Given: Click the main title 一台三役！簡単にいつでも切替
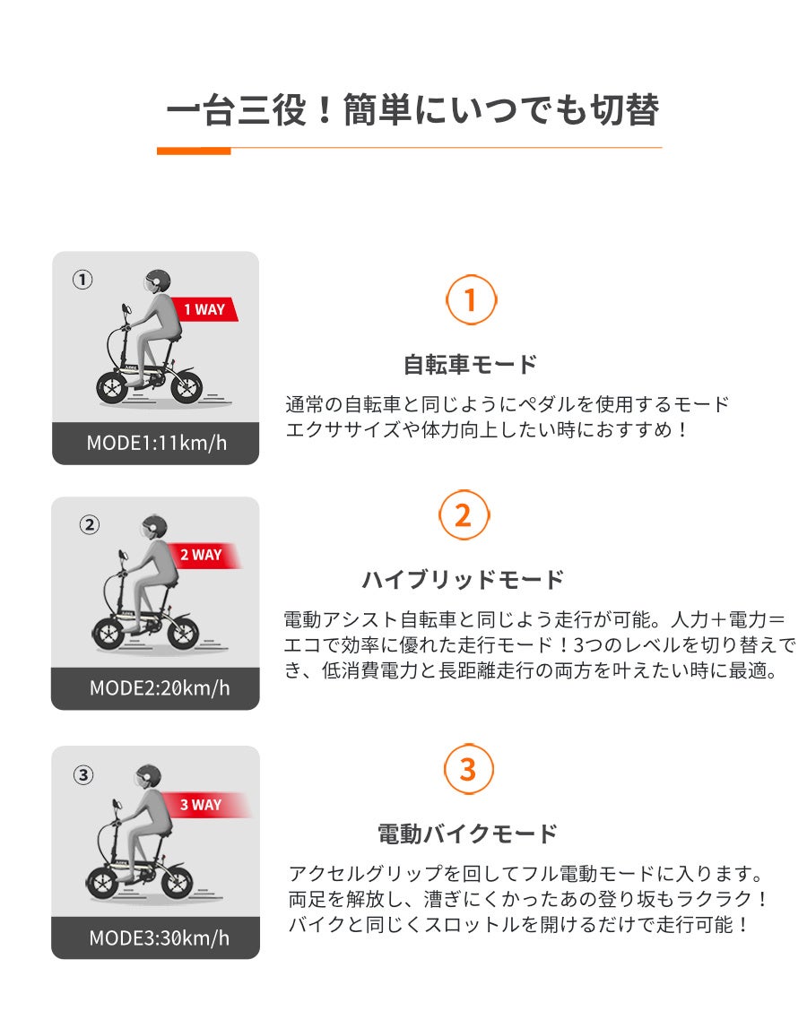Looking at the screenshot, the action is click(412, 109).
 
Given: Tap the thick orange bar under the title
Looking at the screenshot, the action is click(194, 151).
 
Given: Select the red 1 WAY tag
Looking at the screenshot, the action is click(204, 309).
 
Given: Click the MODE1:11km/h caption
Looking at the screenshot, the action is click(157, 443).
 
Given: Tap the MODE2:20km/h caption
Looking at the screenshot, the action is click(160, 687).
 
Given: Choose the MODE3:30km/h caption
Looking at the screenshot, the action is click(160, 937).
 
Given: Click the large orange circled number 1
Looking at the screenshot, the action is click(471, 300).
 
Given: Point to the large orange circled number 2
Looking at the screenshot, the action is click(464, 514).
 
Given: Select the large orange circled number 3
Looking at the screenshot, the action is click(468, 769).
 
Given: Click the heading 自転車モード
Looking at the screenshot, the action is click(471, 364).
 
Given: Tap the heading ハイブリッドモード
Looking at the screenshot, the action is click(463, 580).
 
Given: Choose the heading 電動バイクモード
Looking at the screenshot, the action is click(468, 834).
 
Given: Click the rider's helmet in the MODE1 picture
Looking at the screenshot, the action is click(158, 282).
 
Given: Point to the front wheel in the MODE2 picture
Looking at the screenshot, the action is click(108, 634).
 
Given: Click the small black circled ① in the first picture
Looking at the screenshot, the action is click(82, 280).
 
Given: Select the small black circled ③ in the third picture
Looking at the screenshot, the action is click(83, 775).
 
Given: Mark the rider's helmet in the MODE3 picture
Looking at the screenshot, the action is click(148, 778).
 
